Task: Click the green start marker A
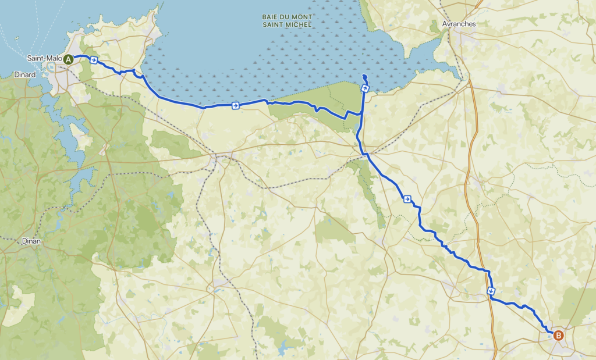pyautogui.click(x=68, y=59)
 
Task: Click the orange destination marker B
pyautogui.click(x=558, y=335)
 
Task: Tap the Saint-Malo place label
pyautogui.click(x=44, y=59)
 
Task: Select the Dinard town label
pyautogui.click(x=24, y=74)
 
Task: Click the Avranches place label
pyautogui.click(x=459, y=24)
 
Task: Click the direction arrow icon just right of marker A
pyautogui.click(x=93, y=59)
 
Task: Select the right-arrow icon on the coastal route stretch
pyautogui.click(x=235, y=105)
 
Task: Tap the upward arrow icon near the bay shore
pyautogui.click(x=365, y=88)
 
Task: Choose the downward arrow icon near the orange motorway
pyautogui.click(x=491, y=291)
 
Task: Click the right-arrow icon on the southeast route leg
pyautogui.click(x=406, y=199)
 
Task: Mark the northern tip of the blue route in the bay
pyautogui.click(x=364, y=76)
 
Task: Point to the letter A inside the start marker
pyautogui.click(x=68, y=59)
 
